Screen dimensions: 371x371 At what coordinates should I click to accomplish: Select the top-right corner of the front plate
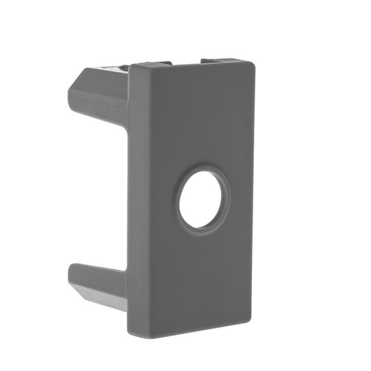point(253,63)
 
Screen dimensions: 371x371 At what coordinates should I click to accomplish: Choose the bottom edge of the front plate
point(190,328)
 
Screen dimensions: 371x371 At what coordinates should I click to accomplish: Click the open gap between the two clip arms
point(100,195)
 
